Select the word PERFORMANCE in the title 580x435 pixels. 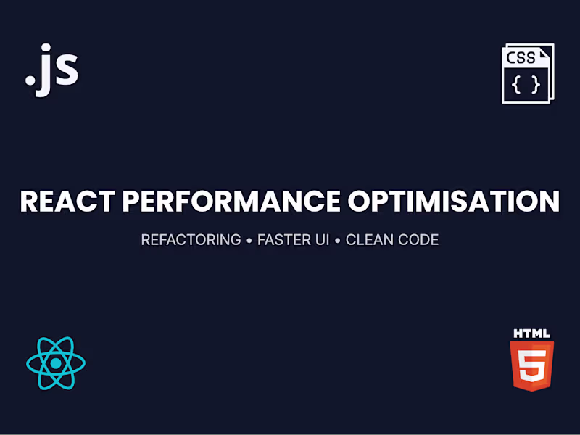point(228,201)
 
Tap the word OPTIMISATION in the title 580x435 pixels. point(453,201)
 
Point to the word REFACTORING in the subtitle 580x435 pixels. point(191,239)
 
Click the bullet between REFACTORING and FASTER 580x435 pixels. point(249,240)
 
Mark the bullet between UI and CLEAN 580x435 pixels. point(337,240)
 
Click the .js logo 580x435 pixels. point(51,70)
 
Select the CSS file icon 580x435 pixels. point(527,73)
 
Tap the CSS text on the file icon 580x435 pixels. point(522,58)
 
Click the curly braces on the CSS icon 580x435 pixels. point(526,85)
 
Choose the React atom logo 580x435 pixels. point(56,362)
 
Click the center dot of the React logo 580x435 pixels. point(56,362)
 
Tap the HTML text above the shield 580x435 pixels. point(531,334)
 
